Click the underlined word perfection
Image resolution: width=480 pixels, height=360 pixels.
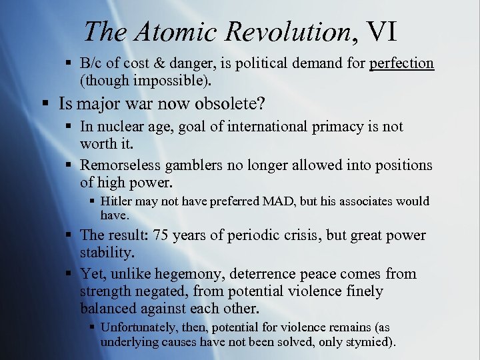pyautogui.click(x=401, y=63)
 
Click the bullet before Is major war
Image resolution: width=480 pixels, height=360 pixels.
pyautogui.click(x=44, y=103)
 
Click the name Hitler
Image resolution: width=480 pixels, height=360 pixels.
pyautogui.click(x=116, y=201)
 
